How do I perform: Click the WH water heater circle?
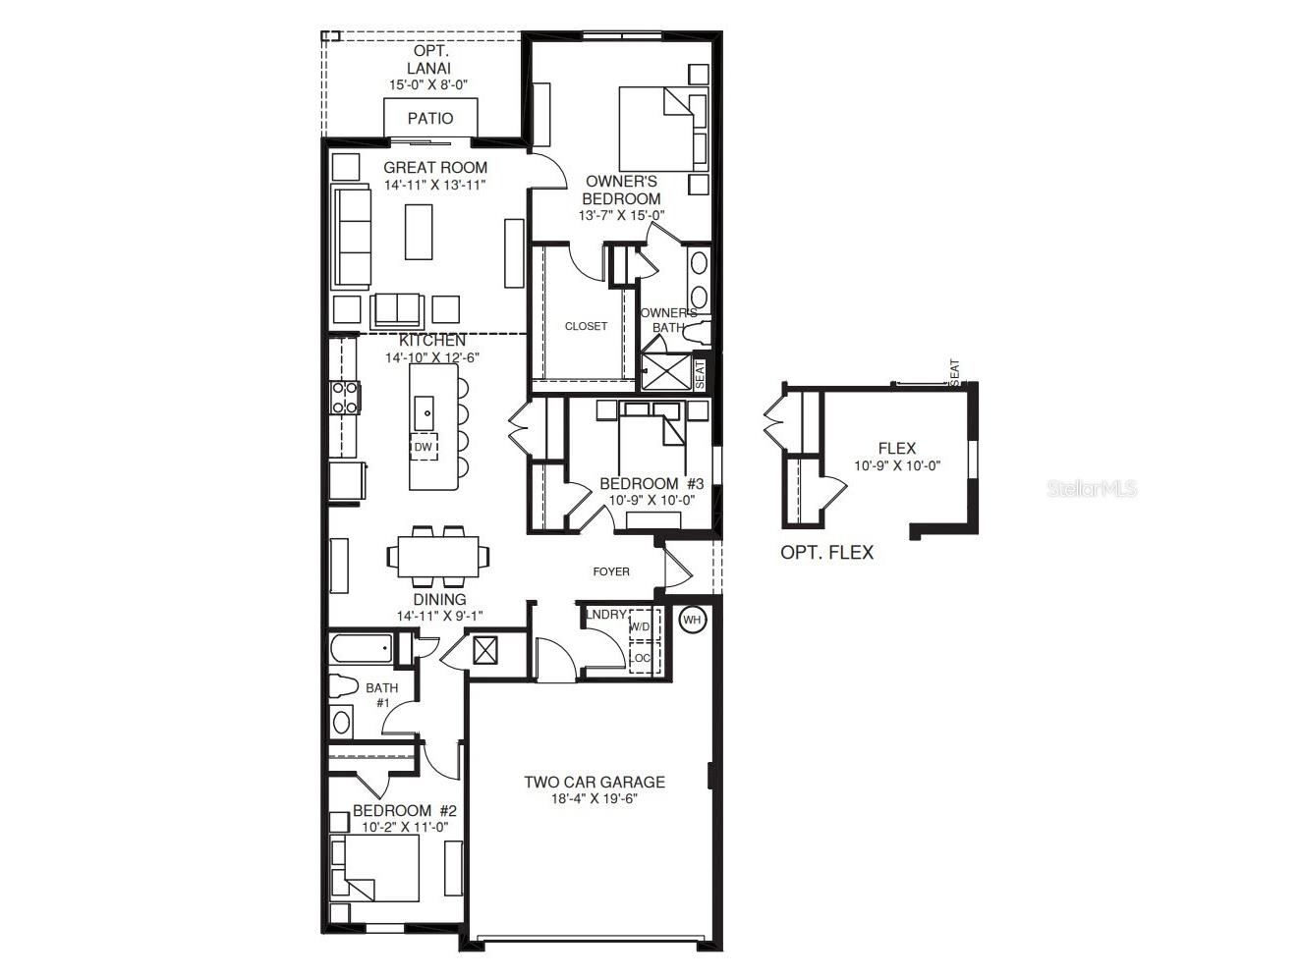coord(693,620)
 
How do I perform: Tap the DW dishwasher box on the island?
coord(424,447)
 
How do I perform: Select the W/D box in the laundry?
coord(640,626)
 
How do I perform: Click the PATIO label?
coord(430,119)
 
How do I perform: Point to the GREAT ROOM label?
coord(435,168)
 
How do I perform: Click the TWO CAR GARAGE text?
coord(594,783)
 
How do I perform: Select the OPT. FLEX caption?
coord(826,553)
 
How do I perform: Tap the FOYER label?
coord(611,571)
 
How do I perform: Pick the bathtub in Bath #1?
coord(360,648)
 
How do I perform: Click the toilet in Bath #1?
coord(340,686)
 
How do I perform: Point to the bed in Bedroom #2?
coord(375,868)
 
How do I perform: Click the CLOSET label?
coord(586,326)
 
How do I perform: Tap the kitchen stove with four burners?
coord(345,398)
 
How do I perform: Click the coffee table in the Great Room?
coord(419,231)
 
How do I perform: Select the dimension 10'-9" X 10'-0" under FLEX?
coord(897,466)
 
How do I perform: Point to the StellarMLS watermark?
coord(1092,488)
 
